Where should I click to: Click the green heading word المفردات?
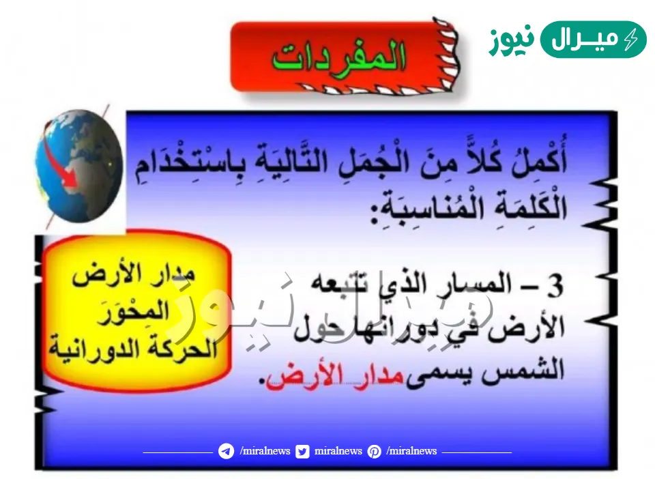click(x=339, y=56)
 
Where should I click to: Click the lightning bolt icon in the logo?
click(x=632, y=40)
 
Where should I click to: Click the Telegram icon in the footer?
click(x=226, y=451)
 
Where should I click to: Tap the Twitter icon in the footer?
click(x=302, y=451)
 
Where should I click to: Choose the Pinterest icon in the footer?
click(x=374, y=451)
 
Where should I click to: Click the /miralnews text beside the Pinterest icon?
click(x=411, y=451)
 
